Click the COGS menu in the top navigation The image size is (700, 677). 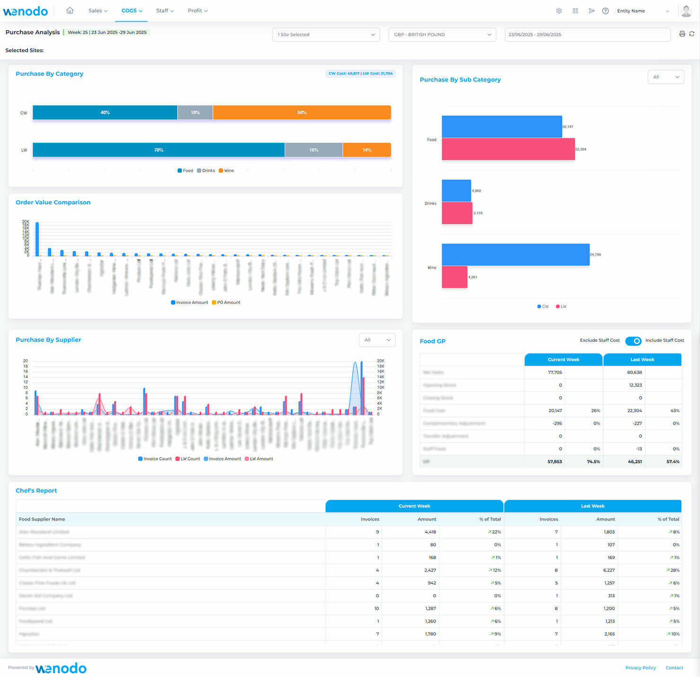pyautogui.click(x=131, y=10)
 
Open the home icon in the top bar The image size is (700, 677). pyautogui.click(x=70, y=10)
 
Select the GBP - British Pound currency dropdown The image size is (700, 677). pyautogui.click(x=442, y=35)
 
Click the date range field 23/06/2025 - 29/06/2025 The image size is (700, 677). pyautogui.click(x=587, y=35)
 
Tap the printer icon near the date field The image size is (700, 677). pyautogui.click(x=682, y=34)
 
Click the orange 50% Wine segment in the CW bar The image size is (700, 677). pyautogui.click(x=302, y=113)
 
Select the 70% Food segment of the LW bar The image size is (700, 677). pyautogui.click(x=158, y=150)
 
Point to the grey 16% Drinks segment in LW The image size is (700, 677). pyautogui.click(x=314, y=150)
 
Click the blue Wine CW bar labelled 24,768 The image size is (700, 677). pyautogui.click(x=516, y=254)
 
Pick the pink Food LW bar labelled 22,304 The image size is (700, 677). pyautogui.click(x=508, y=149)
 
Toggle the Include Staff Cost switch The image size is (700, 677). pyautogui.click(x=633, y=341)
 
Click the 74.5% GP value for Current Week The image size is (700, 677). pyautogui.click(x=593, y=461)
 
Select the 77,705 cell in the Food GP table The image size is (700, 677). pyautogui.click(x=554, y=373)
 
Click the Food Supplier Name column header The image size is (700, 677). pyautogui.click(x=42, y=519)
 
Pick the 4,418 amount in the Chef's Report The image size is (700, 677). pyautogui.click(x=430, y=532)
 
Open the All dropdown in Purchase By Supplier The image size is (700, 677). pyautogui.click(x=377, y=340)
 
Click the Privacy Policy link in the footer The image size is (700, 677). pyautogui.click(x=640, y=668)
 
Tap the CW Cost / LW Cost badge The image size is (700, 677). pyautogui.click(x=360, y=73)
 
